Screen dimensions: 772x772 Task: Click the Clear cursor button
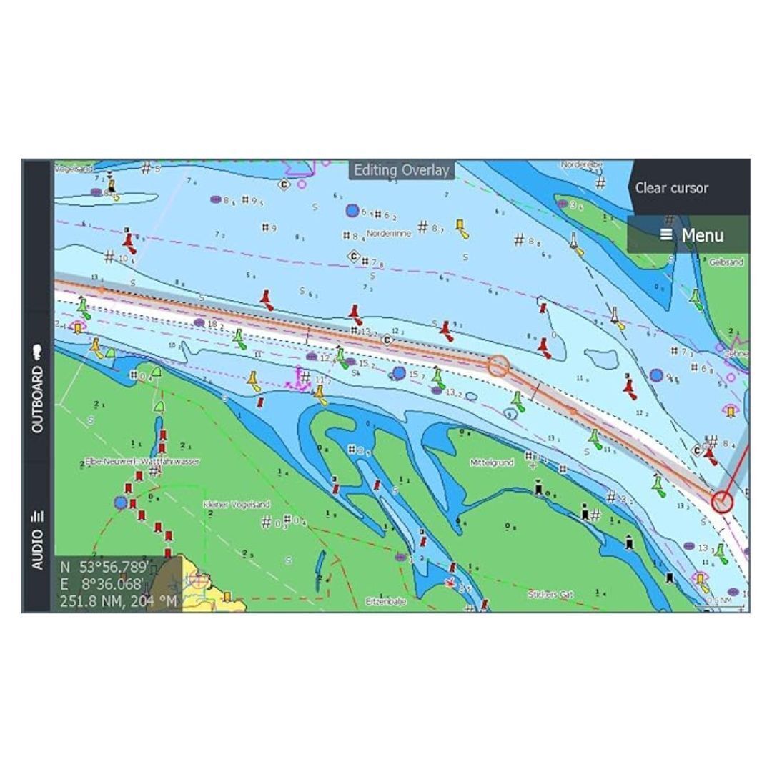click(x=671, y=188)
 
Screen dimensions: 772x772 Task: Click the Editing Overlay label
click(x=402, y=170)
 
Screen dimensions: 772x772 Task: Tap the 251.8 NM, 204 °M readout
click(x=118, y=600)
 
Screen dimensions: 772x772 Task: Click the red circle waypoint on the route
click(x=722, y=502)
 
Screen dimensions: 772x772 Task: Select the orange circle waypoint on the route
click(x=499, y=367)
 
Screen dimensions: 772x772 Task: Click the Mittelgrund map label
click(x=492, y=462)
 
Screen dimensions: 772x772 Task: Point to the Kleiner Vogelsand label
click(x=237, y=505)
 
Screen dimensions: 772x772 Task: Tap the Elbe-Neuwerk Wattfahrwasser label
click(x=142, y=462)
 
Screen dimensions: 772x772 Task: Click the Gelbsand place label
click(x=726, y=262)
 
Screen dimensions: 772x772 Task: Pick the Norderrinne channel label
click(x=389, y=233)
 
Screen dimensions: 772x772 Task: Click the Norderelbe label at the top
click(x=582, y=164)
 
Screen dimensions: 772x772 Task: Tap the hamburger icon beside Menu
click(x=666, y=234)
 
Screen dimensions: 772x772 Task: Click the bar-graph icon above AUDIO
click(x=38, y=516)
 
